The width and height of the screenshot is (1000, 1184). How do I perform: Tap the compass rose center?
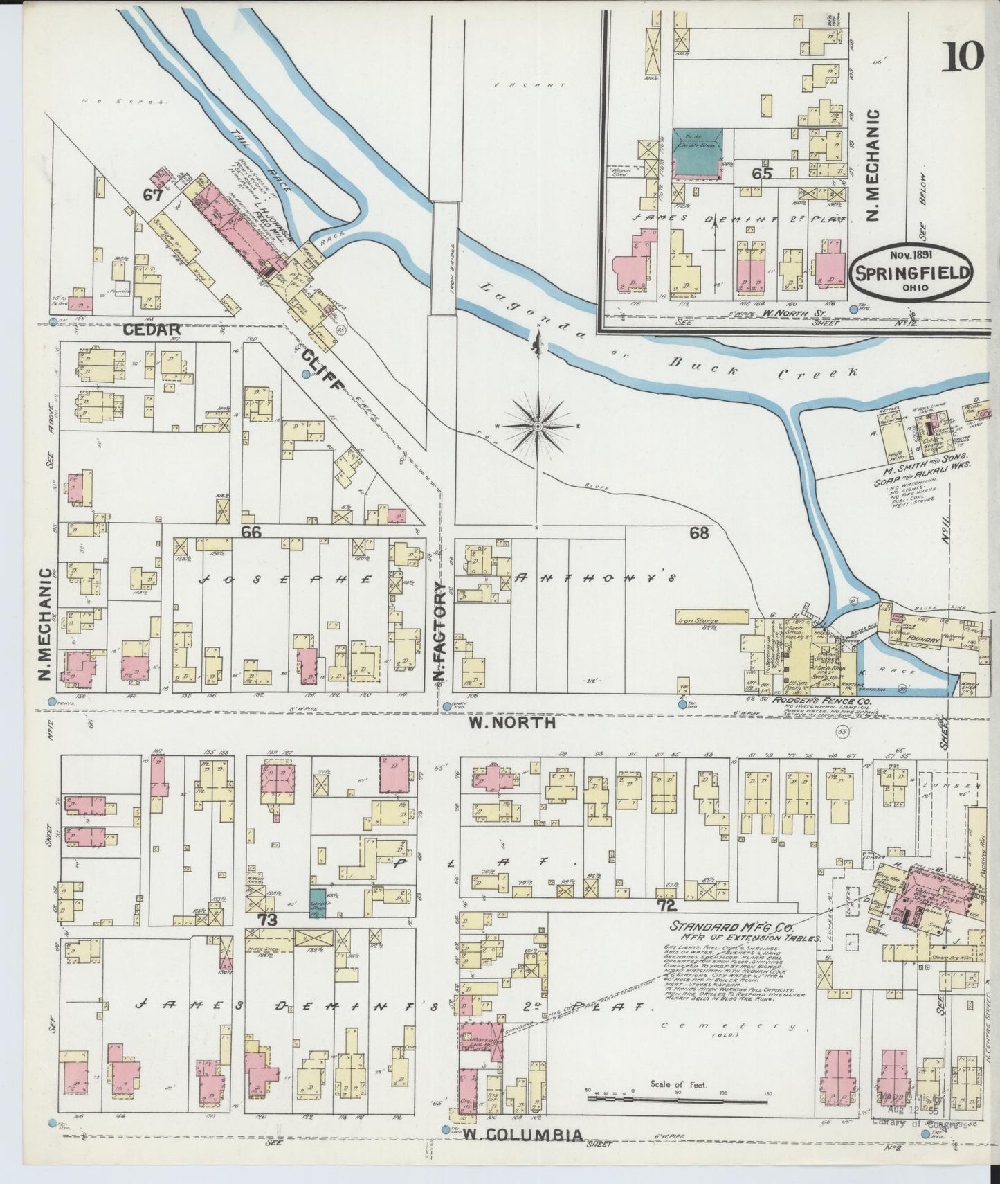tap(538, 425)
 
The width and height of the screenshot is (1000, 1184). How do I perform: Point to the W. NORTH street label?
tap(512, 723)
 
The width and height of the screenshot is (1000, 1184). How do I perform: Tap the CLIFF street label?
tap(322, 370)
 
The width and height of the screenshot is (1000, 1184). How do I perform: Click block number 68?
tap(699, 532)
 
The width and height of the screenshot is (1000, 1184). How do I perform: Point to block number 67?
tap(152, 195)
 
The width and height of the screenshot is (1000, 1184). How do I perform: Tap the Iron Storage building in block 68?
tap(712, 616)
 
